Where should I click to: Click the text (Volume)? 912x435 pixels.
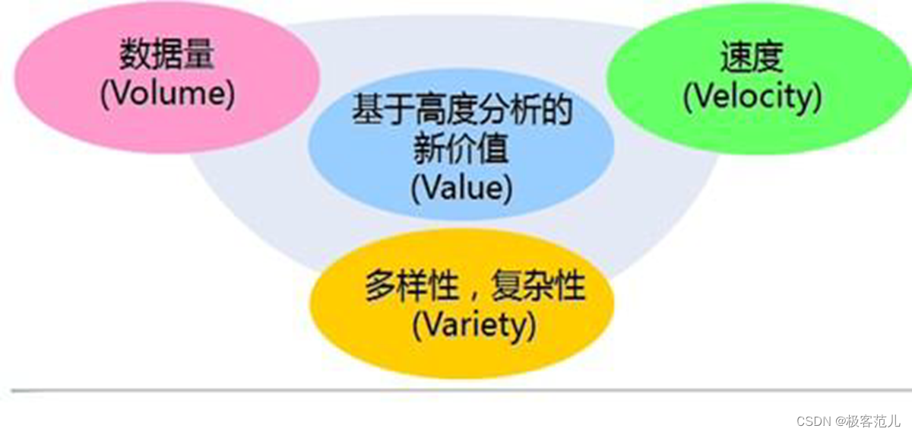click(x=167, y=94)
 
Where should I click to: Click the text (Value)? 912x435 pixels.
click(x=461, y=188)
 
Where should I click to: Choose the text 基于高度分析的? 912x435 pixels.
click(x=461, y=112)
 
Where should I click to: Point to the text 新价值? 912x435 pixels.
click(x=461, y=150)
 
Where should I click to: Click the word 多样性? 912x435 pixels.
click(x=413, y=288)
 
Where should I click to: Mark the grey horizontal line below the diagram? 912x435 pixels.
click(x=456, y=390)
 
